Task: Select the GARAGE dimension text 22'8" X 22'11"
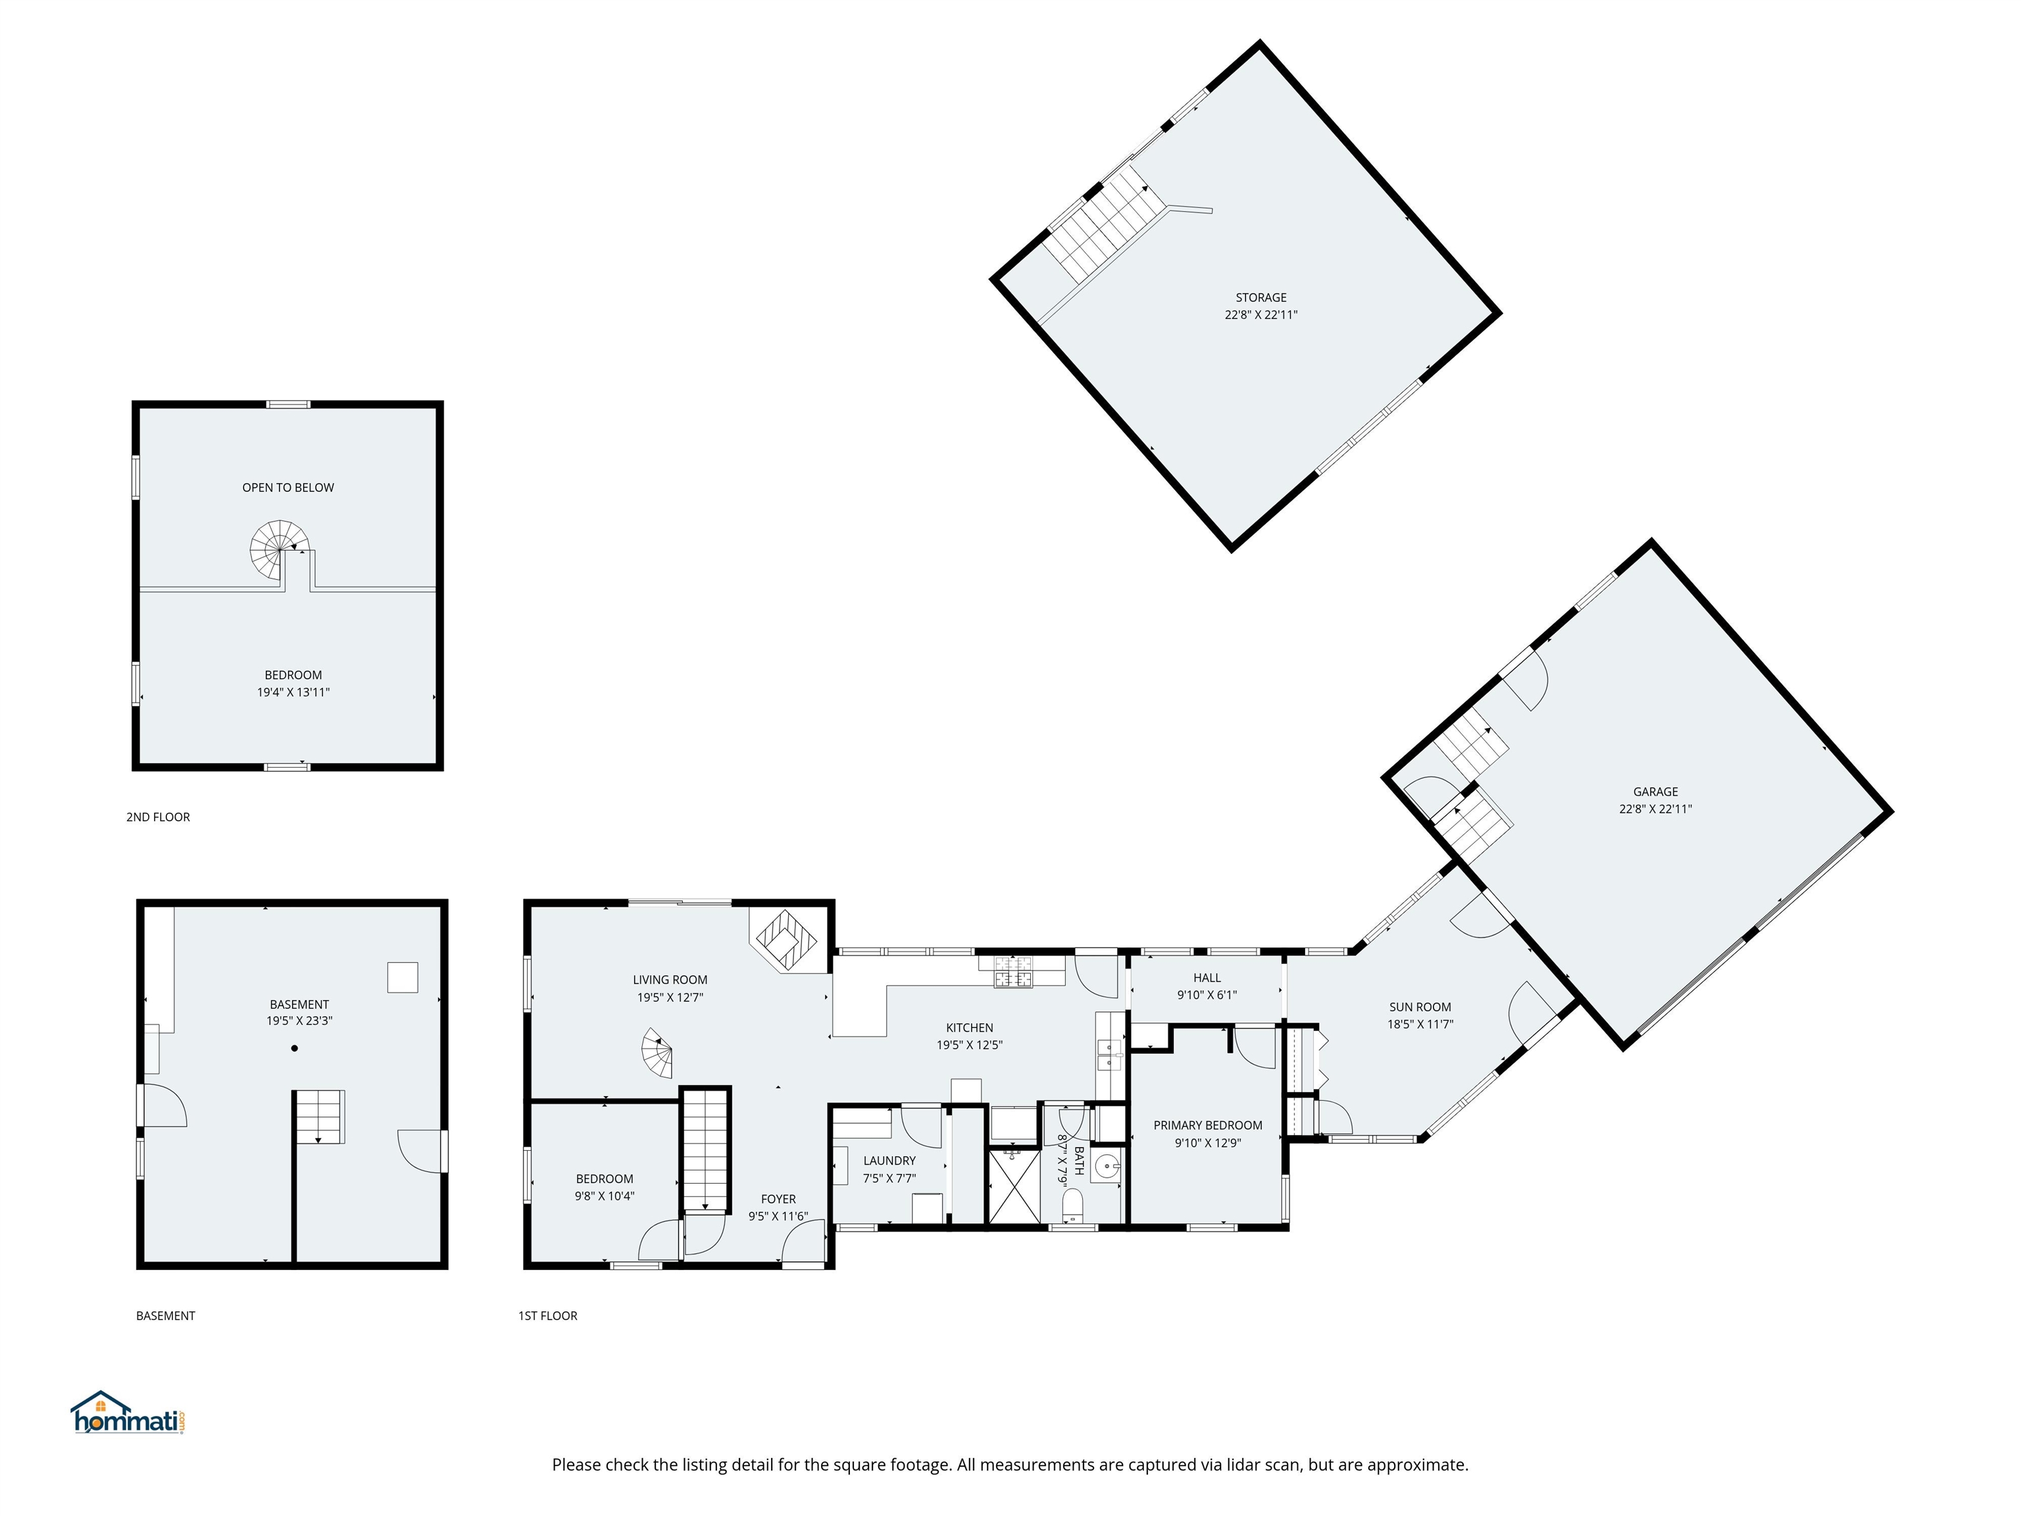(x=1655, y=809)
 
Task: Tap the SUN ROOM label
(x=1420, y=1007)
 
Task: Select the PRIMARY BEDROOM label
(x=1208, y=1126)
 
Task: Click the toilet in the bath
(x=1072, y=1205)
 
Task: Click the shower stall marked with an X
(x=1014, y=1185)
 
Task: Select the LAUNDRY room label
(x=889, y=1161)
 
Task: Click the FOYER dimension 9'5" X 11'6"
(x=778, y=1216)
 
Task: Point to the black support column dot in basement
(x=294, y=1048)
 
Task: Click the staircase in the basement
(x=320, y=1117)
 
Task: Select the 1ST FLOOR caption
(x=548, y=1316)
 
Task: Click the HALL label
(x=1207, y=978)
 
